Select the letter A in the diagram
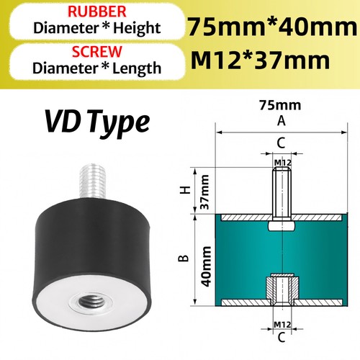281,120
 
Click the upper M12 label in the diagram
282,163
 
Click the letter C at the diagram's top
282,143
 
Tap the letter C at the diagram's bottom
282,336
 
